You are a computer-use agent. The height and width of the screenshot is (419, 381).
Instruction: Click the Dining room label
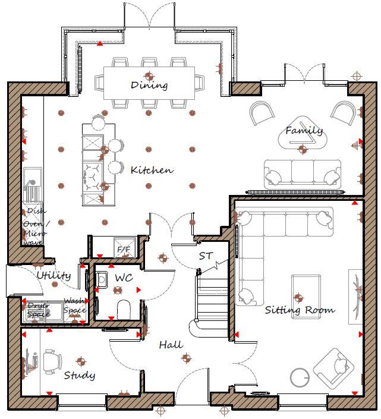coord(149,85)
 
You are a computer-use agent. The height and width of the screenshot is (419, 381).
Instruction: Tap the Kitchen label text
coord(152,170)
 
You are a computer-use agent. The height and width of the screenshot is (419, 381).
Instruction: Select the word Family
coord(304,130)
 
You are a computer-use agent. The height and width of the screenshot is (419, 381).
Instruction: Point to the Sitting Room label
coord(300,310)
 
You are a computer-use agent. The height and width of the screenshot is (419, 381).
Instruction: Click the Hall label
coord(170,344)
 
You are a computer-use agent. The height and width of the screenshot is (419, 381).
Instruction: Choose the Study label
coord(79,375)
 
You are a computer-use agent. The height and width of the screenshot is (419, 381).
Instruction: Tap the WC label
coord(124,278)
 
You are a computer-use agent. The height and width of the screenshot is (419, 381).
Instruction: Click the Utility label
coord(54,276)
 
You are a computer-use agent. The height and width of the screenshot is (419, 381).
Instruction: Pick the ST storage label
coord(206,256)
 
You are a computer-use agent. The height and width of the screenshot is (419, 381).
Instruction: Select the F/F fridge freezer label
coord(124,249)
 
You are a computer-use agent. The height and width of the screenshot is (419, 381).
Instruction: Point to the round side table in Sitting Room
coord(300,377)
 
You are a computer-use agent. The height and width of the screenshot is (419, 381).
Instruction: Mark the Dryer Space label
coord(38,310)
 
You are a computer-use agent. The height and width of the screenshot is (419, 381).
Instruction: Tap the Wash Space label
coord(74,305)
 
